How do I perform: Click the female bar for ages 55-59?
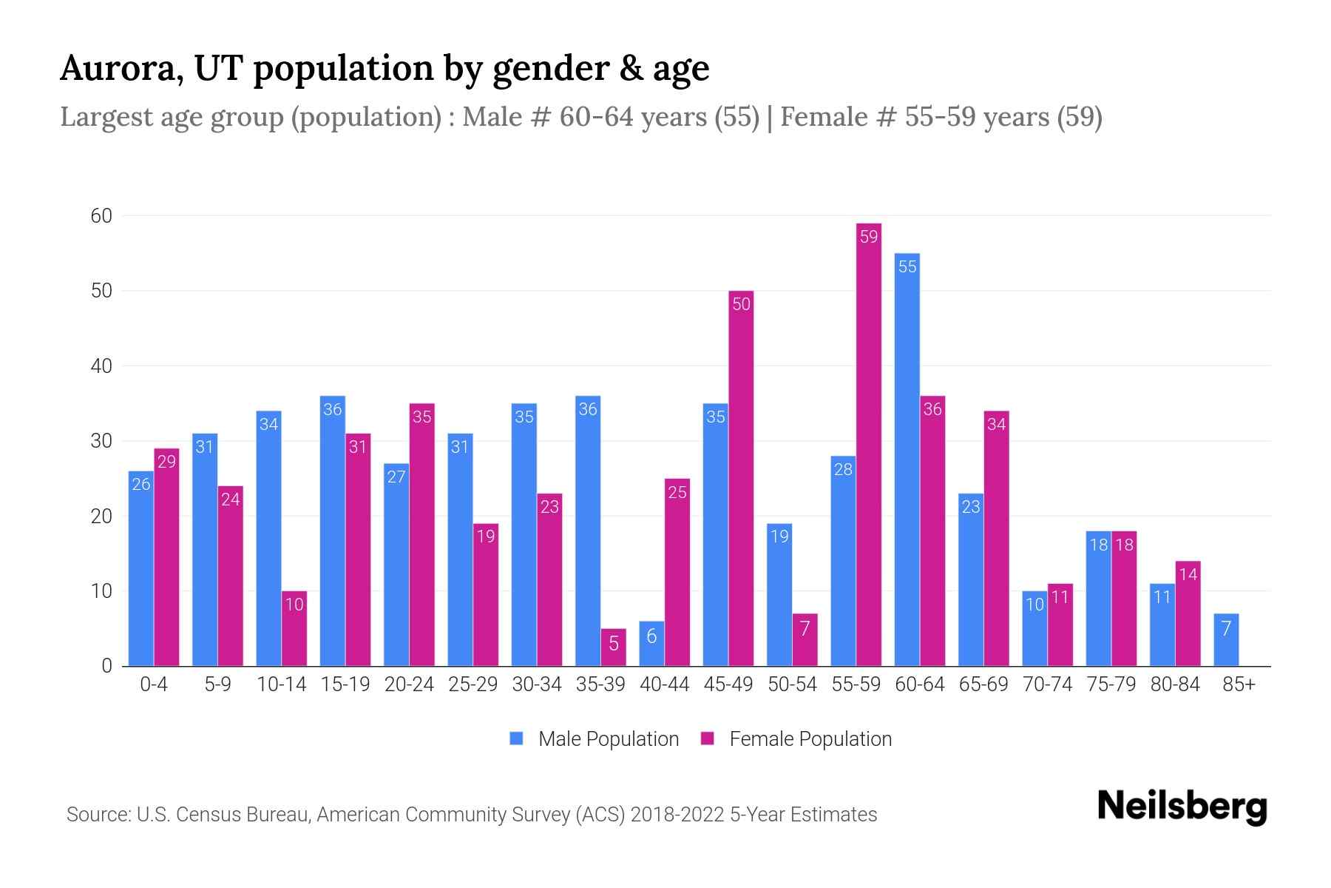coord(869,444)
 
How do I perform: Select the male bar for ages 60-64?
coord(907,459)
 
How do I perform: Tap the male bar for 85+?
coord(1226,640)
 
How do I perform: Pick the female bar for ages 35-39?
coord(614,647)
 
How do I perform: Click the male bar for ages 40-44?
coord(651,644)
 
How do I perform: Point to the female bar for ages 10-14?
coord(294,629)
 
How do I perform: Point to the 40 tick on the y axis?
coord(101,366)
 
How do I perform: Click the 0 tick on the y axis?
coord(106,666)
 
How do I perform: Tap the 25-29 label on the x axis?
coord(473,684)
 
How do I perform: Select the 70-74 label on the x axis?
coord(1047,684)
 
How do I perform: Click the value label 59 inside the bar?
coord(869,237)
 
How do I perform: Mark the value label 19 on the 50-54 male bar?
coord(779,536)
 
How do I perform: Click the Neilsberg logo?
coord(1182,807)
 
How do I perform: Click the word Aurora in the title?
coord(122,68)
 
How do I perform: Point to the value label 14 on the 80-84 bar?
coord(1188,574)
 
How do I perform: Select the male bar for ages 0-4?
coord(141,570)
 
